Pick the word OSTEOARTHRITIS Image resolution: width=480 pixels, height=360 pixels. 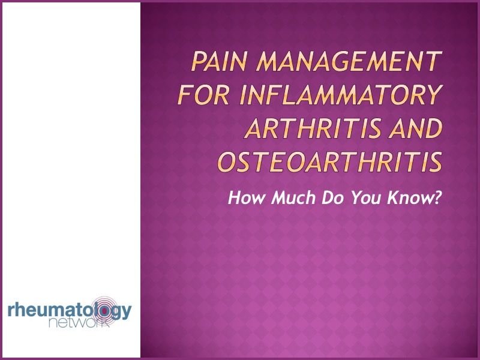(x=329, y=161)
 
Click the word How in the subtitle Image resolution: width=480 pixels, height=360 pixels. (x=244, y=198)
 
